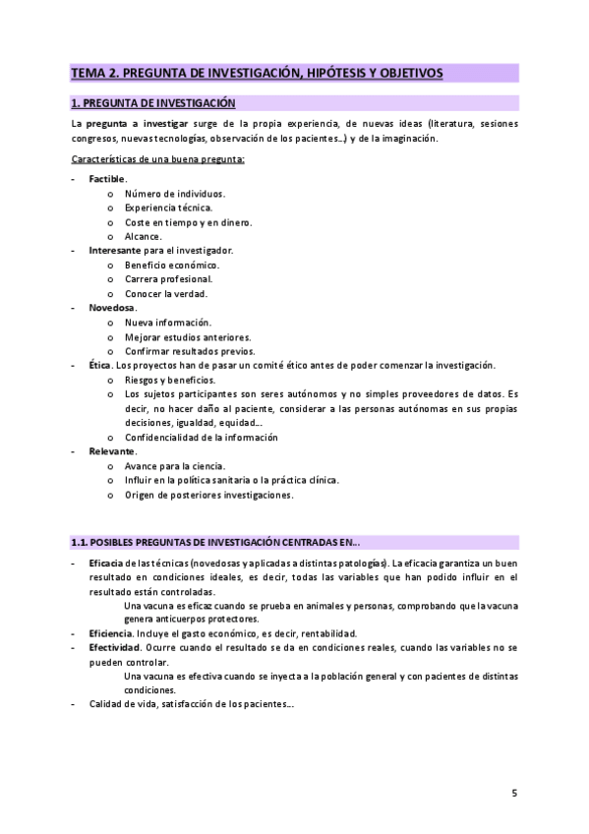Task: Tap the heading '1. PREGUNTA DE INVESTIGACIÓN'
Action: pos(153,102)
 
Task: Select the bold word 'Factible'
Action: pos(107,179)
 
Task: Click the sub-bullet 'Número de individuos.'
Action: pos(174,194)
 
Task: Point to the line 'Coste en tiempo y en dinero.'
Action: pos(188,222)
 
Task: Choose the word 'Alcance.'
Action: pos(144,236)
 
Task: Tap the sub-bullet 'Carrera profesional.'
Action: pos(168,279)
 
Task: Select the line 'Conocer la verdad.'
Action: pos(165,294)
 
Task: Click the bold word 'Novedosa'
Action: pos(112,308)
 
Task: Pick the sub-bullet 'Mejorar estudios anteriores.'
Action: pos(188,337)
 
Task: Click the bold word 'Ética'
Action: pos(99,366)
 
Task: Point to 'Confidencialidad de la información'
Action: pos(201,438)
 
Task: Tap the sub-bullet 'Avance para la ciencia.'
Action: pos(174,466)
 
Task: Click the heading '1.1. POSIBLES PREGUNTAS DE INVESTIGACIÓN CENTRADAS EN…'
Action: pos(215,541)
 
